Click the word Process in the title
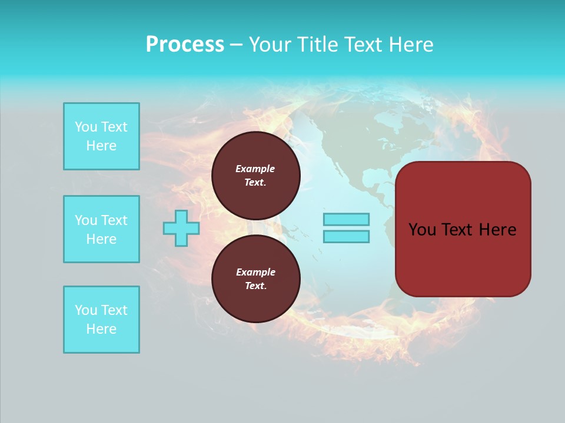pos(185,45)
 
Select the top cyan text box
pos(101,136)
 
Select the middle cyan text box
pos(101,229)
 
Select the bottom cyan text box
pos(101,320)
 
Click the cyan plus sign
pos(181,228)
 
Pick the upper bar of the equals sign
pos(346,219)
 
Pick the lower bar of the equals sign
pos(346,236)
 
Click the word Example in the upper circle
pos(255,169)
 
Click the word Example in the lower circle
pos(255,272)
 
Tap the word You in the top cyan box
pos(85,127)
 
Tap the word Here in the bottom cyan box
pos(101,329)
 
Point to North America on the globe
pos(353,141)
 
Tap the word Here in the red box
pos(497,230)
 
